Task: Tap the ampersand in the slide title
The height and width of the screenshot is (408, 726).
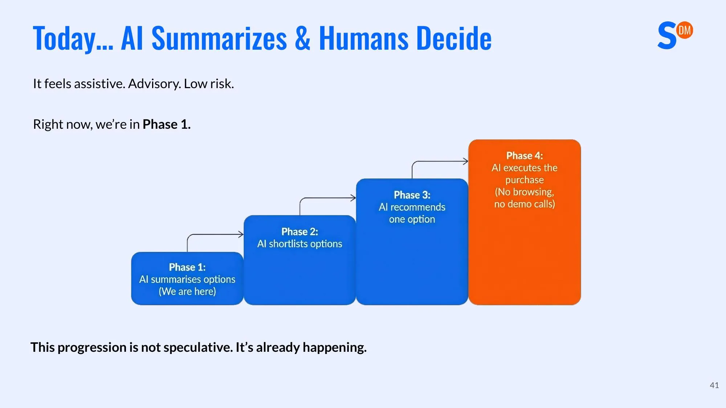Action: pos(302,38)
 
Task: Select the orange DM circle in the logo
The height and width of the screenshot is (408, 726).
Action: pos(685,30)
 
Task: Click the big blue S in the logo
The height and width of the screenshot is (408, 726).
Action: pos(667,36)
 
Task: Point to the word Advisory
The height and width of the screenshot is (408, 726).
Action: pos(154,84)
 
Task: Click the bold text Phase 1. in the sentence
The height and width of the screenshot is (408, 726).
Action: pos(166,124)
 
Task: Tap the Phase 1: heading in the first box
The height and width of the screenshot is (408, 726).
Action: pos(187,267)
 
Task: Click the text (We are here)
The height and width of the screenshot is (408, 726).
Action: pos(187,292)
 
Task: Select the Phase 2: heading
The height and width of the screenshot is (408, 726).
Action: pos(299,232)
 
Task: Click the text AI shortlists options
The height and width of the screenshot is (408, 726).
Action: pos(299,244)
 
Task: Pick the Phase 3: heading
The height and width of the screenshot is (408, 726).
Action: pos(412,195)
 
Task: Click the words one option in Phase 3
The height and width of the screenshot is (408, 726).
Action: pos(412,219)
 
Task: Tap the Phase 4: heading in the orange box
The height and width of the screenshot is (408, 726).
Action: pos(525,156)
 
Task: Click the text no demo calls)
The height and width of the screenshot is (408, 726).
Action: pos(524,204)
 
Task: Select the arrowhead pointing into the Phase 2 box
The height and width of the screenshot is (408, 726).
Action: pos(241,234)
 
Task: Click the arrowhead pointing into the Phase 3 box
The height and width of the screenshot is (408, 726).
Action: pos(354,198)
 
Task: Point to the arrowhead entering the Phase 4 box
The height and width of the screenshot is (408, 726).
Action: pos(466,161)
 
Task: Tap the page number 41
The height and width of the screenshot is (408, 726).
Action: pos(714,385)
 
